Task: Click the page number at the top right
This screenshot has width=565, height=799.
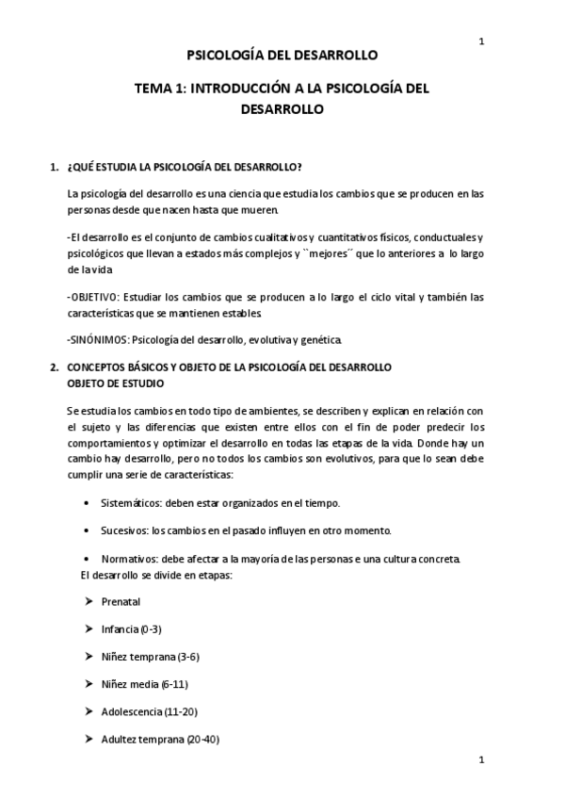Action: coord(481,41)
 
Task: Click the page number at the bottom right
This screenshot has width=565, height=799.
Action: coord(481,759)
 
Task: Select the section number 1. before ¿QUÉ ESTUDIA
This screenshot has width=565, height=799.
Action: coord(53,167)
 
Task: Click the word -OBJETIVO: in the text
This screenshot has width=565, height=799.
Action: coord(92,297)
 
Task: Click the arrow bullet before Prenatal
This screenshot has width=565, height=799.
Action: coord(88,601)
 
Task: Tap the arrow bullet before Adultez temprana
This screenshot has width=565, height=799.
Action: coord(88,739)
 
